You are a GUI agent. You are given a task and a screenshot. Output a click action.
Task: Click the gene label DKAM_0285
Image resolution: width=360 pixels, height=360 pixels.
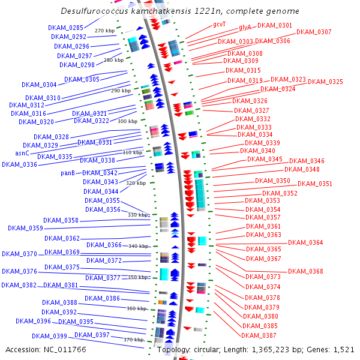[66, 28]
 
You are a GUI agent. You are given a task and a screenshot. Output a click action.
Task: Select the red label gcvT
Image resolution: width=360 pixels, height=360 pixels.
[220, 25]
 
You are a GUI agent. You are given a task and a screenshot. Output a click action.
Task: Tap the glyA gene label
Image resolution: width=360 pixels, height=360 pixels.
[245, 28]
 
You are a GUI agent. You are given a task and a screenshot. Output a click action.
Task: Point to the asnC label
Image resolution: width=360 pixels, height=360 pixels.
[22, 153]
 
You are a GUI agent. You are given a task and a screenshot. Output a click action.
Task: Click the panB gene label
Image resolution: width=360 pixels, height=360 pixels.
[68, 173]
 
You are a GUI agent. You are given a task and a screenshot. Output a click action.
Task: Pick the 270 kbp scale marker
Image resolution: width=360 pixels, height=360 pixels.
[104, 31]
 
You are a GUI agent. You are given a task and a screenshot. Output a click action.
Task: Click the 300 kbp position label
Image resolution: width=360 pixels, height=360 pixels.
[127, 121]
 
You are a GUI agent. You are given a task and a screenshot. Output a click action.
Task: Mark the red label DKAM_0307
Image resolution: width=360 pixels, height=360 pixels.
[314, 32]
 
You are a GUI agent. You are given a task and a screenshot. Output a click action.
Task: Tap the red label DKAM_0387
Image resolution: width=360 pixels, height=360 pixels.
[259, 335]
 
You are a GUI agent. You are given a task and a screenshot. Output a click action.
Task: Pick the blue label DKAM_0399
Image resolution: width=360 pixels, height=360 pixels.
[49, 336]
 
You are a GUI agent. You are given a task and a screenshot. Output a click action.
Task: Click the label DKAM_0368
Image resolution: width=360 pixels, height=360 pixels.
[305, 271]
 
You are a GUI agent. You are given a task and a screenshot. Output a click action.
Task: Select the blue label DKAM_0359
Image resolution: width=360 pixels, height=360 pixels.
[25, 228]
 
